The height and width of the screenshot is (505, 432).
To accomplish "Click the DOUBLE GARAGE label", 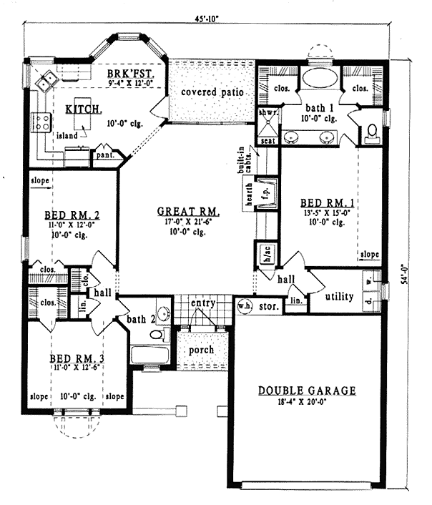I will (x=307, y=391).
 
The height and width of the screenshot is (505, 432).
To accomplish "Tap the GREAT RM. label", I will (x=189, y=212).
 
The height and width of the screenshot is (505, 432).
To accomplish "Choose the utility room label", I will (x=339, y=296).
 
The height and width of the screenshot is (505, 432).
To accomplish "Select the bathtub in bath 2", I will (x=149, y=355).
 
